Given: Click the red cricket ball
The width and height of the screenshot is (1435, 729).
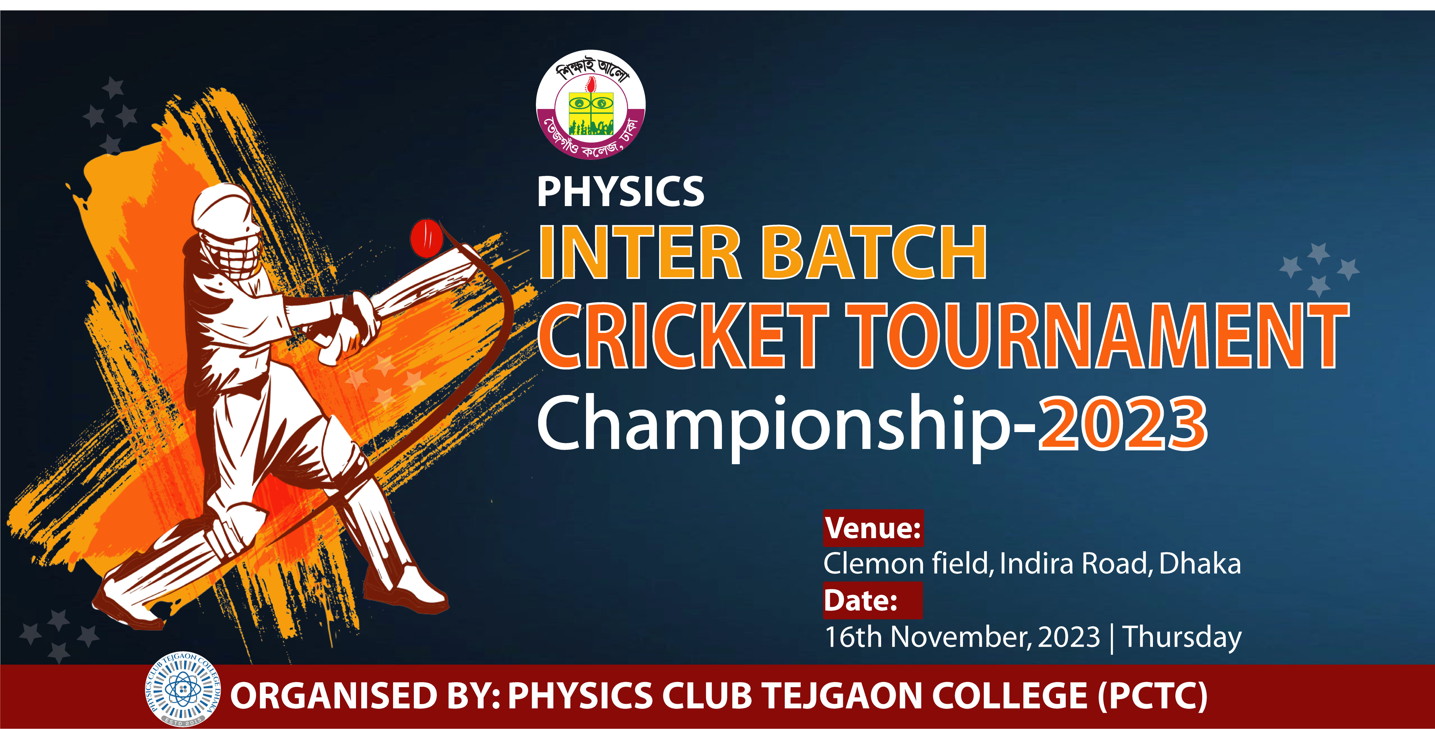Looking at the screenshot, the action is (426, 238).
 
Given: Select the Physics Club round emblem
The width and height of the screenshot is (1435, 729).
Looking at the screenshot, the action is (183, 689).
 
